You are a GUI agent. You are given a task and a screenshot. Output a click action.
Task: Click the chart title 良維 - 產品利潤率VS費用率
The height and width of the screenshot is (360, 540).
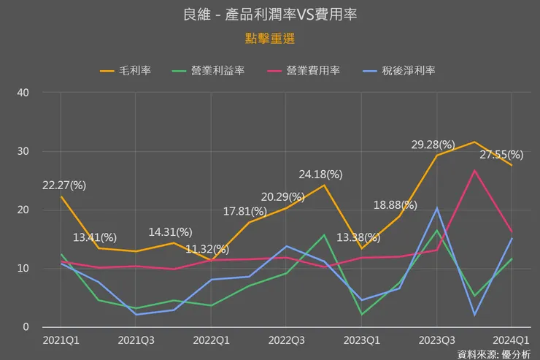270,14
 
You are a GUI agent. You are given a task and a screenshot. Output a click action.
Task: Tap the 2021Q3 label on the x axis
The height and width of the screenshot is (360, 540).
136,340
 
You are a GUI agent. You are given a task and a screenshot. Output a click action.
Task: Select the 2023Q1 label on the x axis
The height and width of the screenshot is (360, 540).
361,340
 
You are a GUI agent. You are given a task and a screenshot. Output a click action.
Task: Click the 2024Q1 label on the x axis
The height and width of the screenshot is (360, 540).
510,340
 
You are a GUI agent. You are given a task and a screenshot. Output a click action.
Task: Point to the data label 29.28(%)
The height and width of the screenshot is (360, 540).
433,145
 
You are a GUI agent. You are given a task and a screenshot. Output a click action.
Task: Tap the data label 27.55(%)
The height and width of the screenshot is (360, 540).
501,155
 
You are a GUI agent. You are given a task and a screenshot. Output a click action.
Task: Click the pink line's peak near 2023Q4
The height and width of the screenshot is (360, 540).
474,171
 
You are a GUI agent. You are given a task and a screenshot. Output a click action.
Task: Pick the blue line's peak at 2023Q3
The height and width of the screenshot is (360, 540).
436,208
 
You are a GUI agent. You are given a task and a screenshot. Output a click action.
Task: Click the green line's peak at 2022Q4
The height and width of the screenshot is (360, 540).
324,235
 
